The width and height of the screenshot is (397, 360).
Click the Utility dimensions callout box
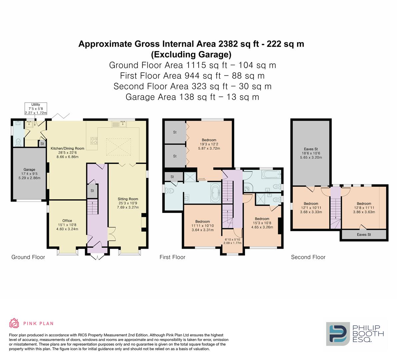(35, 109)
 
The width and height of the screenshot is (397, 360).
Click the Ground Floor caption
(28, 257)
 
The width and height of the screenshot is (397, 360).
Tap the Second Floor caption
(308, 257)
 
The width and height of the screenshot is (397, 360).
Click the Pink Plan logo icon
(14, 323)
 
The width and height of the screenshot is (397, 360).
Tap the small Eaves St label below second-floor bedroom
(364, 235)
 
